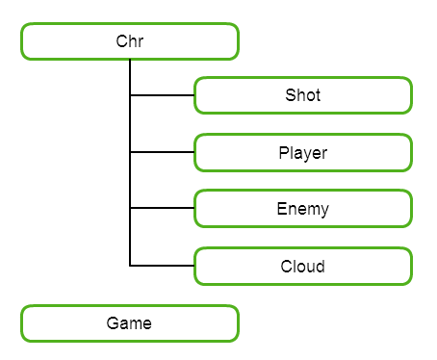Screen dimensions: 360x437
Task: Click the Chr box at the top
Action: pyautogui.click(x=129, y=41)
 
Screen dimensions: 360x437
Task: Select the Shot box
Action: pyautogui.click(x=302, y=95)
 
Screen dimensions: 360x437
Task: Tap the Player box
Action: pyautogui.click(x=302, y=152)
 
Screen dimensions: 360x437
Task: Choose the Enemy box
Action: pyautogui.click(x=302, y=209)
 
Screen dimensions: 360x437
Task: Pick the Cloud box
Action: pyautogui.click(x=302, y=266)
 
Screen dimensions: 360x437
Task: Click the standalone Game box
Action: pyautogui.click(x=129, y=323)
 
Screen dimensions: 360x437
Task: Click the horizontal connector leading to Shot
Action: pyautogui.click(x=162, y=95)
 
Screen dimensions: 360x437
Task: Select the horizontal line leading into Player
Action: pyautogui.click(x=162, y=152)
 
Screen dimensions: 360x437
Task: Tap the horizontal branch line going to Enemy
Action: pyautogui.click(x=162, y=209)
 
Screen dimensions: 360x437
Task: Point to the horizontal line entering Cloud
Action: pyautogui.click(x=162, y=266)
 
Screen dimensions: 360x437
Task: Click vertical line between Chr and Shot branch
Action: pyautogui.click(x=130, y=77)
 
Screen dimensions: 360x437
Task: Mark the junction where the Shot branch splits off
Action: pyautogui.click(x=130, y=95)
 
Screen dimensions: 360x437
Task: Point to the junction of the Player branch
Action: pyautogui.click(x=130, y=152)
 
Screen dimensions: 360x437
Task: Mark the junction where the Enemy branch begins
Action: pyautogui.click(x=130, y=209)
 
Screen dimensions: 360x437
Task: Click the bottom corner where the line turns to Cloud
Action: pyautogui.click(x=130, y=266)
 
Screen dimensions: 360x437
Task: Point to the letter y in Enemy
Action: pyautogui.click(x=324, y=211)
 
